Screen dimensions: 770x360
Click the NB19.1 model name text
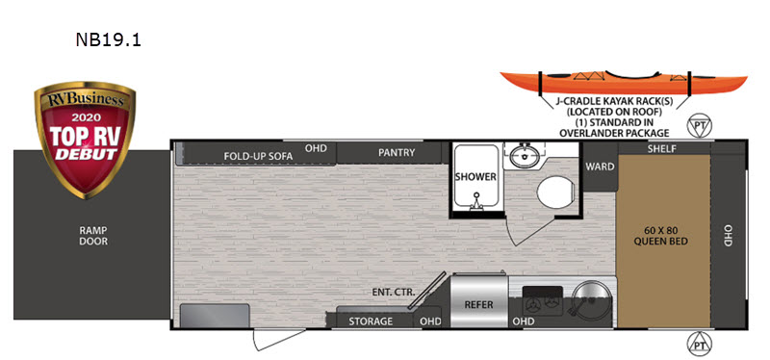pos(108,41)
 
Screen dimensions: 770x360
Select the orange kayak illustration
pos(620,85)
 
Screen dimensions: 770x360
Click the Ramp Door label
pos(93,235)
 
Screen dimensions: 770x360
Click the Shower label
pos(475,177)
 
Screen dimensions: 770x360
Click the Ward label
pos(600,167)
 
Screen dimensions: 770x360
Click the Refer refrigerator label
pos(478,304)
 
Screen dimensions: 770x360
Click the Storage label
pos(371,321)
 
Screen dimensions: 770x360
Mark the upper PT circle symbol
pos(700,126)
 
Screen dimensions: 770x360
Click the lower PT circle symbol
pos(700,343)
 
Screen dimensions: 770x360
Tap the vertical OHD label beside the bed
pos(728,235)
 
